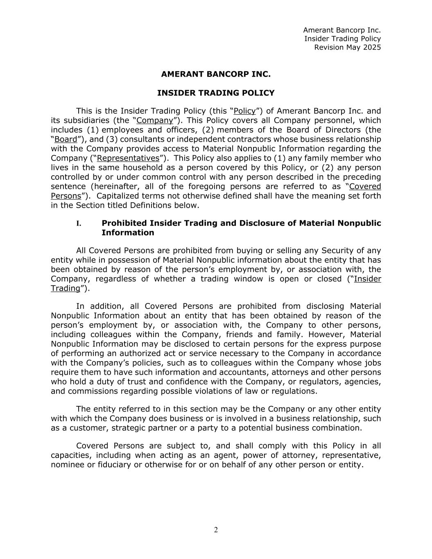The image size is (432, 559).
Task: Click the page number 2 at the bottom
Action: click(x=216, y=530)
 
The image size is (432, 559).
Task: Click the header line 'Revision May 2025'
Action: click(x=347, y=47)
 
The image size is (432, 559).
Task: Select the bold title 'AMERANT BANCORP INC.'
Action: click(x=216, y=74)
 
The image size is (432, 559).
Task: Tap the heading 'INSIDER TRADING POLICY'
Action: click(x=216, y=93)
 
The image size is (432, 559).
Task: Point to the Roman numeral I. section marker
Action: click(x=79, y=223)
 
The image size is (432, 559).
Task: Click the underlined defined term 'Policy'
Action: click(x=244, y=111)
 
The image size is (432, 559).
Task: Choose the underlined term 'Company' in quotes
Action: click(x=155, y=120)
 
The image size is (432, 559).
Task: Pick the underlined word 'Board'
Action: click(x=66, y=139)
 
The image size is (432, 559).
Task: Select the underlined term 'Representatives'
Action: click(x=128, y=158)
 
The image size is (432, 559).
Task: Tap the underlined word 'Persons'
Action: click(x=66, y=196)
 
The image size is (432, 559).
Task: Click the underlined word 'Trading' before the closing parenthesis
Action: click(x=65, y=288)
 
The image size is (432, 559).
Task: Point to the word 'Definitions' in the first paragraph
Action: click(x=150, y=205)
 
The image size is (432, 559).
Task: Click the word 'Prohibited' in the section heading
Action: click(x=124, y=223)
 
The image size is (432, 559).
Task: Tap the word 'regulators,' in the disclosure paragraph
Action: click(x=305, y=382)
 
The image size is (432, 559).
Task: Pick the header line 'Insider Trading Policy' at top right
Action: click(x=342, y=38)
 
